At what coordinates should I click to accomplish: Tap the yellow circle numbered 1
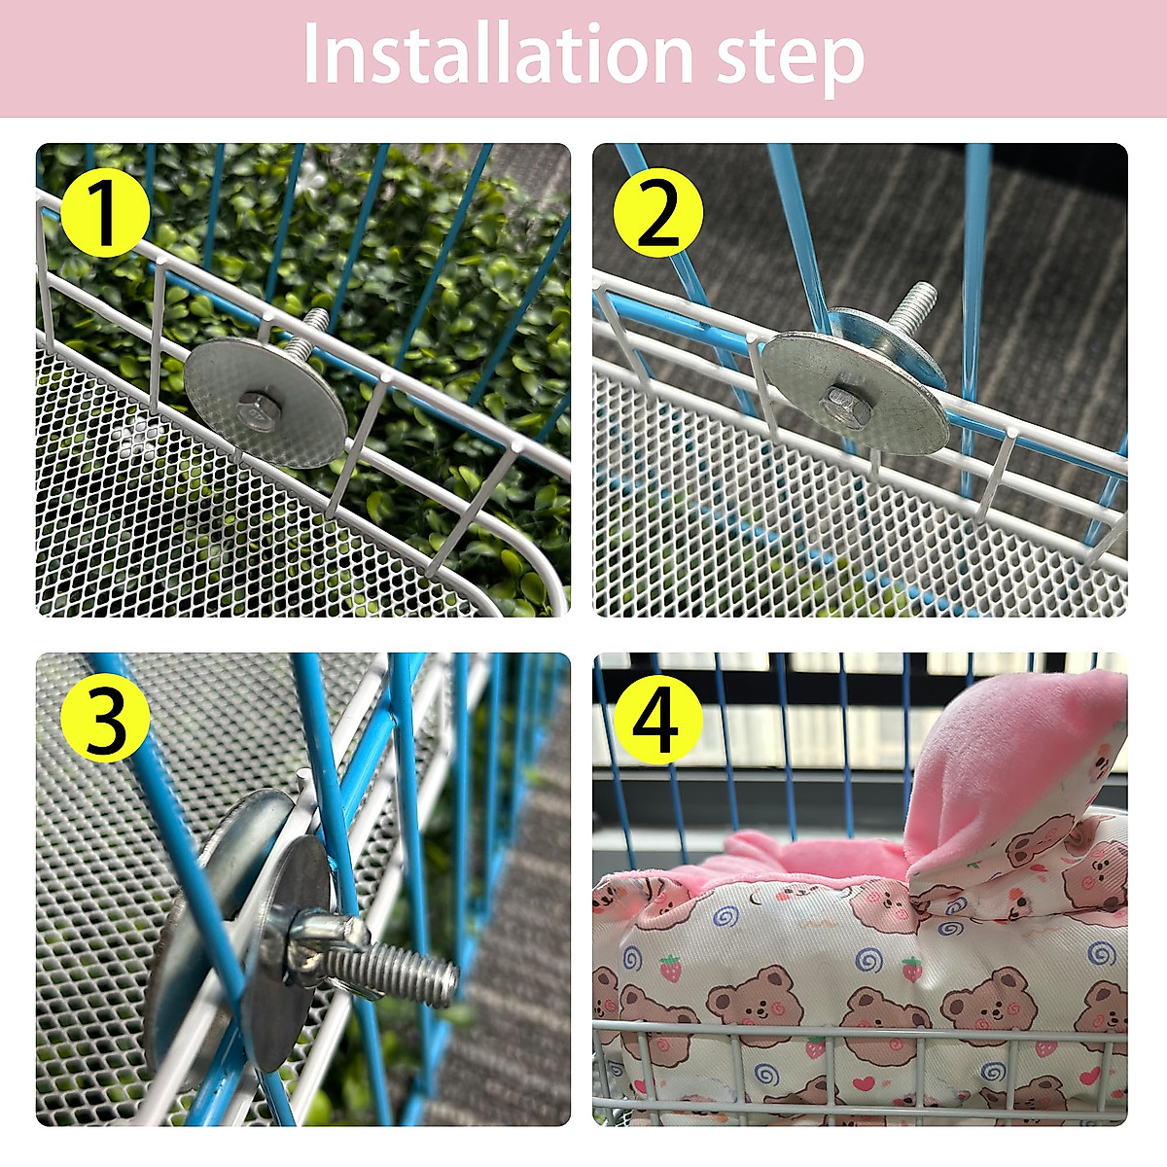coord(105,212)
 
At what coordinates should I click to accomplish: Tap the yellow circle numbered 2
coord(658,213)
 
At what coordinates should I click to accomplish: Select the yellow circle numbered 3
coord(105,721)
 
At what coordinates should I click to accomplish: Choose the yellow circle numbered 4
coord(658,721)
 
